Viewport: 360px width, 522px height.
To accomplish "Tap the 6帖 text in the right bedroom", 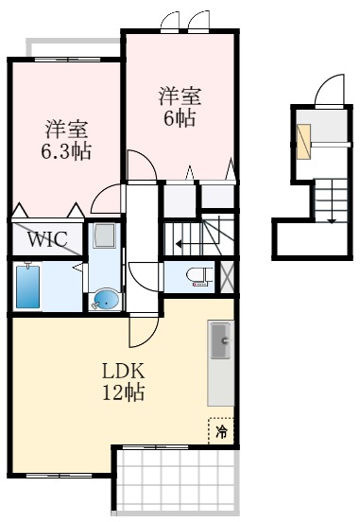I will coord(179,117).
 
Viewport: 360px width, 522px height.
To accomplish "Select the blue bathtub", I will coord(26,286).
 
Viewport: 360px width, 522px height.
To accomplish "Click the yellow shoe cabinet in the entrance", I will coord(302,141).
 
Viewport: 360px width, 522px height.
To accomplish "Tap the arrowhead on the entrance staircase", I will coord(331,220).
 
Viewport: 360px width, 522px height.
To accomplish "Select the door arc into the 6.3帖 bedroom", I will coord(106,200).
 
